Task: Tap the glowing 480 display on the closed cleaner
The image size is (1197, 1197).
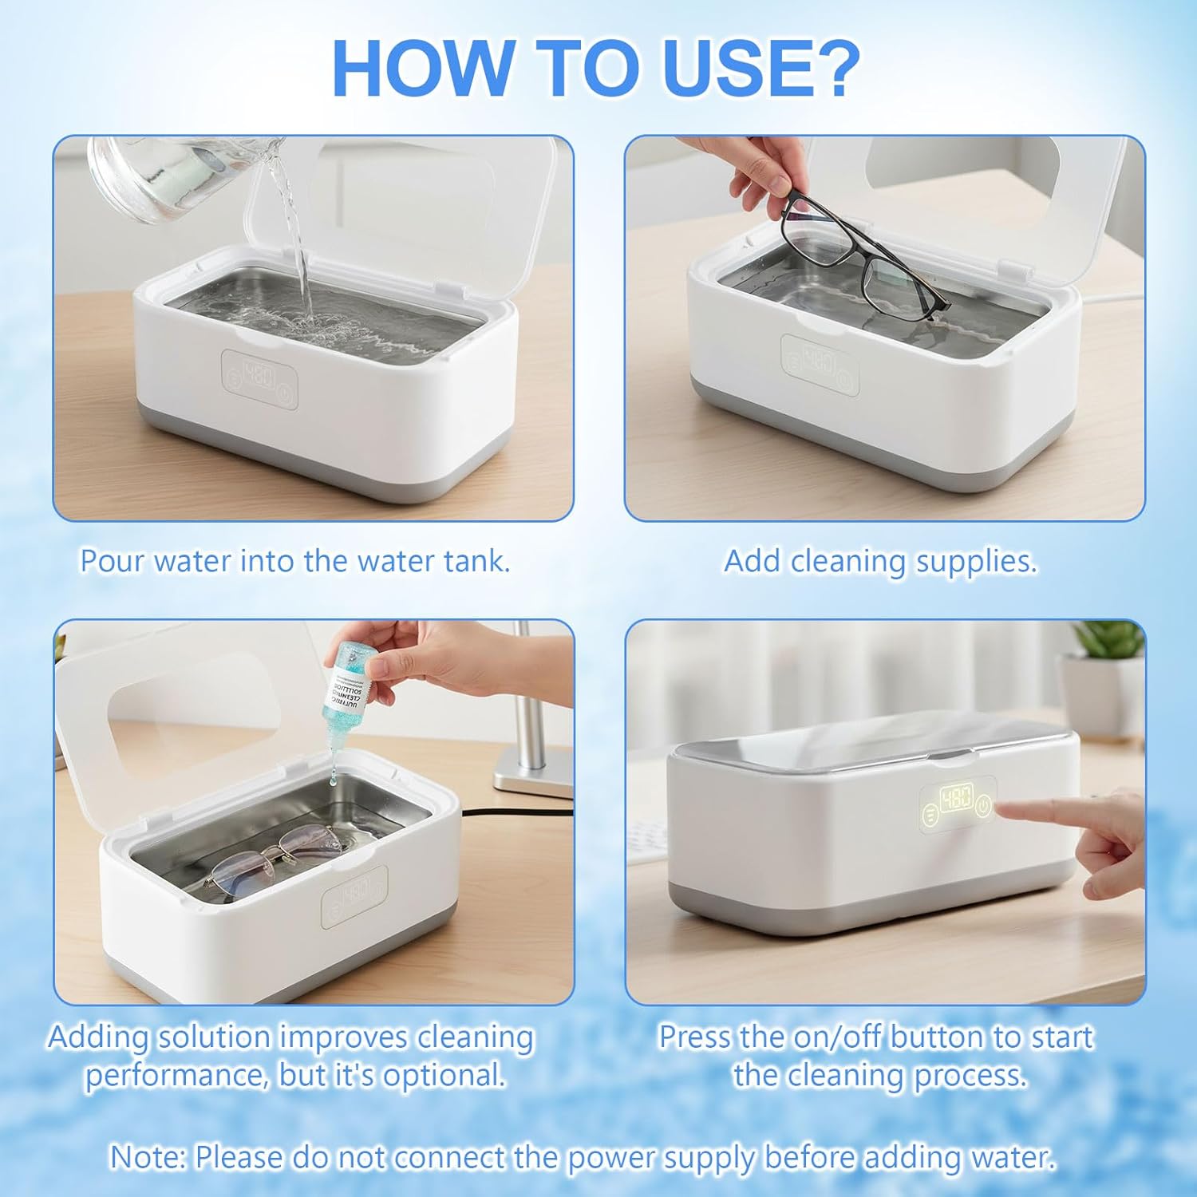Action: point(957,799)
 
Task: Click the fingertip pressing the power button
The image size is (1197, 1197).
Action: point(1007,812)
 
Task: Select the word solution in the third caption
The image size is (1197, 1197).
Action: point(214,1037)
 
